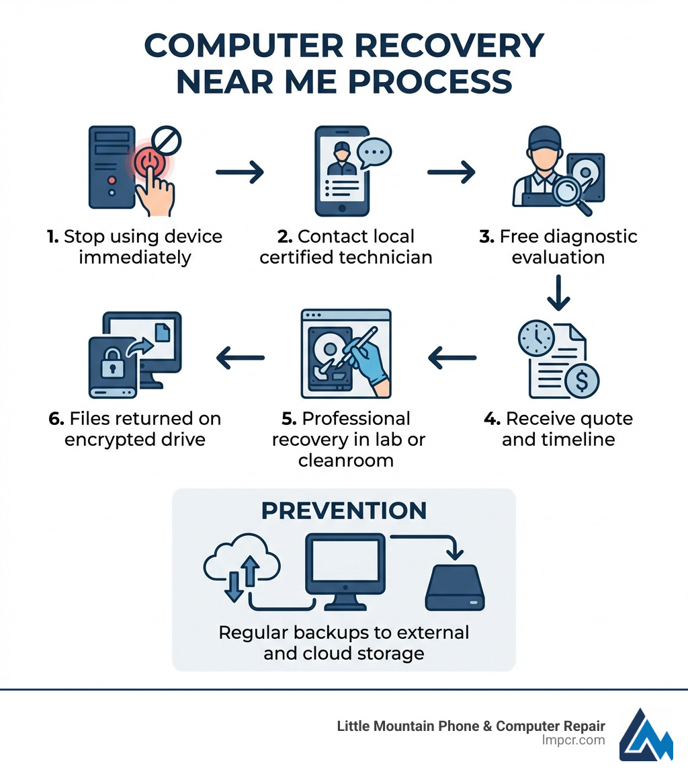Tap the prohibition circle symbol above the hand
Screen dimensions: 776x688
coord(167,141)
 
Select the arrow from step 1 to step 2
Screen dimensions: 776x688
coord(240,172)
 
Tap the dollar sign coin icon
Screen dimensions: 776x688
coord(582,381)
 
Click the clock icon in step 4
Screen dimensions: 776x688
coord(536,338)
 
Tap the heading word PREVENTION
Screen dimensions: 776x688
coord(343,510)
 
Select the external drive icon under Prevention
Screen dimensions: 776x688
coord(455,587)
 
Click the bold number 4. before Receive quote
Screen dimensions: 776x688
coord(492,419)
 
